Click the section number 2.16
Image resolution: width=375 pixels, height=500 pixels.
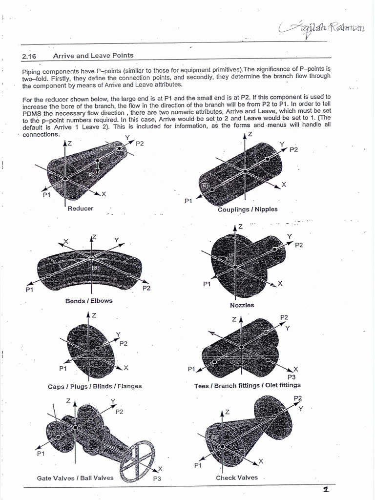tap(29, 56)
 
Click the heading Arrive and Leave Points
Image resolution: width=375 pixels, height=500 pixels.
tap(93, 56)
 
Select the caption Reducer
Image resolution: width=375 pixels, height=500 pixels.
tap(80, 208)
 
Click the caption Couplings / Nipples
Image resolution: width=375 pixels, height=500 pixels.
tap(248, 209)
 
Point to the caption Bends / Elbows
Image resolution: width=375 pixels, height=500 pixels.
tap(89, 301)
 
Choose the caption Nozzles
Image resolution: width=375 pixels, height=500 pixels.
tap(242, 305)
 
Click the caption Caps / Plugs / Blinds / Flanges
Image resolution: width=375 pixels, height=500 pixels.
tap(95, 386)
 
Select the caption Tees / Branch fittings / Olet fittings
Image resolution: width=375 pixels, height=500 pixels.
tap(248, 386)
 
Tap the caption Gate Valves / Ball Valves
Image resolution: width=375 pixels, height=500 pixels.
tap(75, 478)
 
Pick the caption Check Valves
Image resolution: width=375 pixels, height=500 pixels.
tap(237, 478)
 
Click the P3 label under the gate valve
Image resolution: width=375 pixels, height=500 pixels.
tap(157, 479)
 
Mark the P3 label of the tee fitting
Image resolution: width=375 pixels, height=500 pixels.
tap(292, 377)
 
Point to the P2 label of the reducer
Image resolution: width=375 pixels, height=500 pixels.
tap(140, 144)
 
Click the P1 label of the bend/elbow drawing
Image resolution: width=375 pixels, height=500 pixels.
tap(29, 290)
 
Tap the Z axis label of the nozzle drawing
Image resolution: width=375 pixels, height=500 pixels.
tap(240, 227)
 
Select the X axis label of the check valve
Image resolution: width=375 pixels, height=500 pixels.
tap(261, 461)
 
